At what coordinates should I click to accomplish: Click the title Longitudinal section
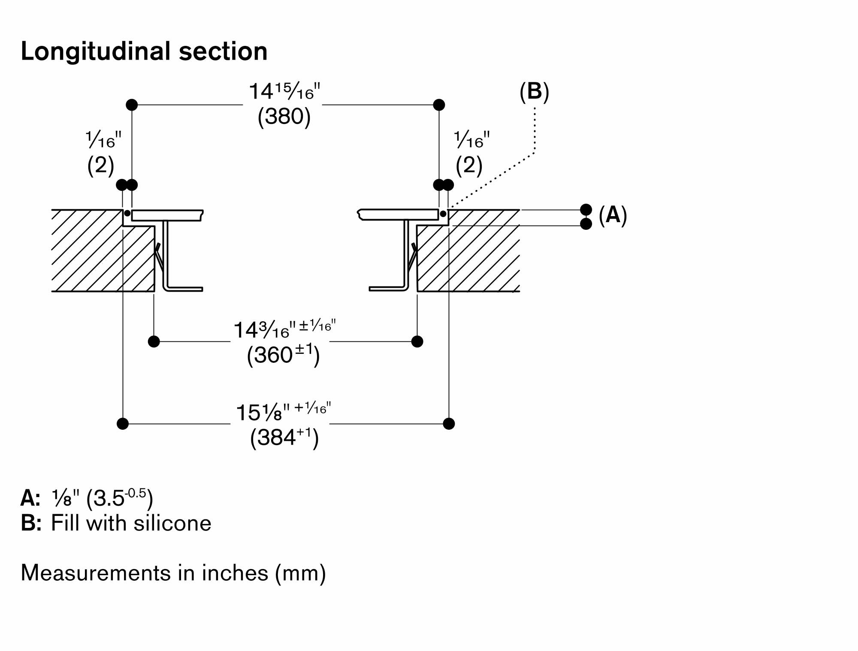(144, 51)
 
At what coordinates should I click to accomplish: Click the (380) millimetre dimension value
(284, 116)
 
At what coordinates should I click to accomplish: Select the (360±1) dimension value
(283, 356)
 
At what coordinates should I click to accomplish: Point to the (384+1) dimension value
(284, 438)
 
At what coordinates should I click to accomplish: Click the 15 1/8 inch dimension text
(283, 413)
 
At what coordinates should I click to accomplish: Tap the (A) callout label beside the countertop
(613, 215)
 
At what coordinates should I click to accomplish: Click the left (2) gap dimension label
(101, 165)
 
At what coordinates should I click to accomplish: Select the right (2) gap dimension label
(469, 165)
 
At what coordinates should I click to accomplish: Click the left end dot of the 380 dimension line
(132, 105)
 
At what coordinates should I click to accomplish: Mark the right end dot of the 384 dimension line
(449, 424)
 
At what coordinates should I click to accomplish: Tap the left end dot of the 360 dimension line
(154, 341)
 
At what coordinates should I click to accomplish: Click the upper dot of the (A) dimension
(586, 210)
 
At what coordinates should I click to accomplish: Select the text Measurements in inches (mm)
(173, 573)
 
